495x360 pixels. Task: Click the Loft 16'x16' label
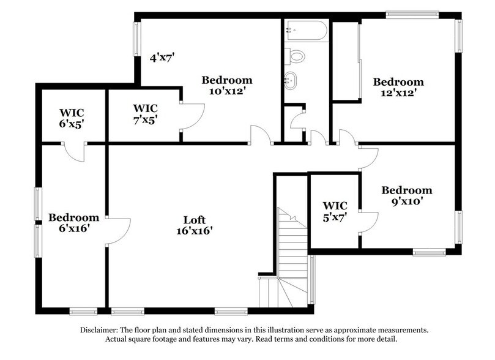point(194,226)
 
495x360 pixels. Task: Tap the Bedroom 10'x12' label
point(227,86)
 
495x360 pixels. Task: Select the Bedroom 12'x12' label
point(399,88)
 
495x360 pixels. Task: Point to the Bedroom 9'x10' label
point(407,196)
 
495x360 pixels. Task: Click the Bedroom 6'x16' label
point(73,223)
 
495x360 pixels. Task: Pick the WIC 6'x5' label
point(72,118)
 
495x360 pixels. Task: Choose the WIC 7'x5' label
point(144,114)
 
